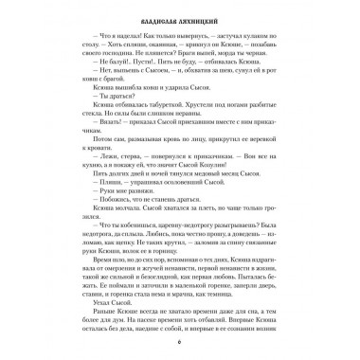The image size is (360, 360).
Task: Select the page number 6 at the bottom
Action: point(180,343)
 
